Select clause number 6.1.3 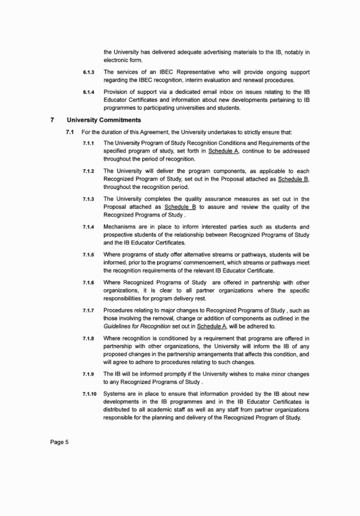88,73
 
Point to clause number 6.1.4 88,92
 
